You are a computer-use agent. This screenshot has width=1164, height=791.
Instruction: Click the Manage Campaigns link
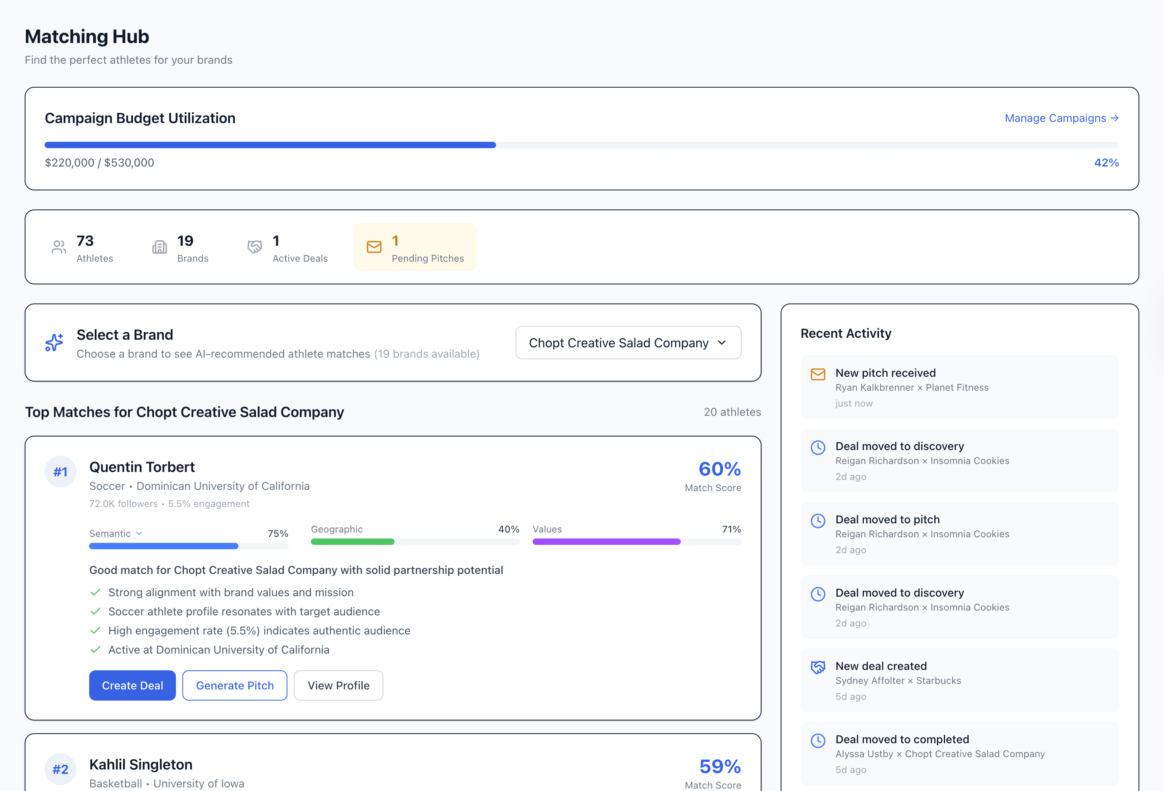click(1061, 118)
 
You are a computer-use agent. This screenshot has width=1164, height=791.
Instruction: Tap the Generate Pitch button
click(234, 685)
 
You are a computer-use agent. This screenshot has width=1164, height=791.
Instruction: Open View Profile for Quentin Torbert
click(338, 685)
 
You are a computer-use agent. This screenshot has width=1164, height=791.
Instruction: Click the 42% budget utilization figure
click(1106, 163)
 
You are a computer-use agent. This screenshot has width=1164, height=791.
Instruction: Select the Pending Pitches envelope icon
click(374, 247)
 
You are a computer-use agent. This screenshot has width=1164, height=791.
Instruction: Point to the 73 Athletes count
click(85, 241)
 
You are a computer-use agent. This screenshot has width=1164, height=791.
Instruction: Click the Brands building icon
click(160, 247)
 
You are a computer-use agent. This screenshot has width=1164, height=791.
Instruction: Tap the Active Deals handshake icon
click(255, 247)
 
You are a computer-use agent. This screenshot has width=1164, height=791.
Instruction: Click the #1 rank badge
click(61, 472)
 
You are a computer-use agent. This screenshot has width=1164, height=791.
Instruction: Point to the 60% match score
click(719, 469)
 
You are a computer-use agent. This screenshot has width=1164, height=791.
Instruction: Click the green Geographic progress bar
click(353, 542)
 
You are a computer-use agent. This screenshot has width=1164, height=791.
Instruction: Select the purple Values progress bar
click(606, 542)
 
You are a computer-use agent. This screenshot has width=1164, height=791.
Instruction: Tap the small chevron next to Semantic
click(139, 533)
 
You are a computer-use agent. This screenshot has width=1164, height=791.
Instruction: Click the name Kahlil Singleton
click(141, 764)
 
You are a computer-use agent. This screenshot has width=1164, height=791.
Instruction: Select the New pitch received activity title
click(885, 373)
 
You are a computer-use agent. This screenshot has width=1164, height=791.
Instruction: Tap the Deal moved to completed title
click(902, 739)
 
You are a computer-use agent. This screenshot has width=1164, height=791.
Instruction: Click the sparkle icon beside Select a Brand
click(54, 343)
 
